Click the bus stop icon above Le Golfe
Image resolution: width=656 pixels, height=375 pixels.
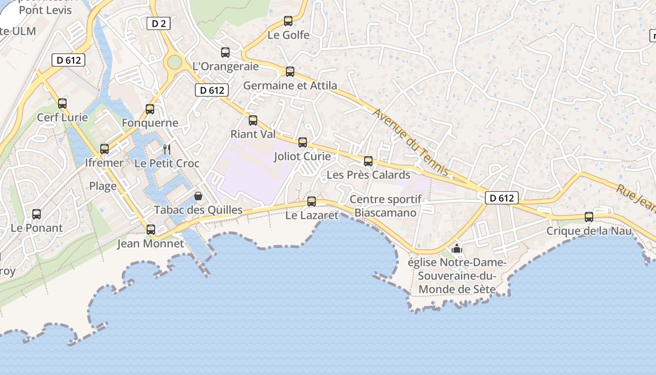pos(288,21)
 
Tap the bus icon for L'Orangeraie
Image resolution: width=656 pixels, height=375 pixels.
pos(225,52)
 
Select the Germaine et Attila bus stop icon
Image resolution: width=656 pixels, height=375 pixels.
pos(290,72)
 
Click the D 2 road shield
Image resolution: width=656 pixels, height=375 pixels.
pos(158,23)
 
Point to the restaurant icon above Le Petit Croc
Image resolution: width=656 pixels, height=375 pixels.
pos(167,150)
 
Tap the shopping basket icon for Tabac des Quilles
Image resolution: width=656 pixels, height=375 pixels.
pos(198,196)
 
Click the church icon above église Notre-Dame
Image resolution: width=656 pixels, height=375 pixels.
pos(457,248)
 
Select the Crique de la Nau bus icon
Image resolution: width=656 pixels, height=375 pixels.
pos(589,217)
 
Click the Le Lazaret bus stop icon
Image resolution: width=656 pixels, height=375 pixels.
pos(312,202)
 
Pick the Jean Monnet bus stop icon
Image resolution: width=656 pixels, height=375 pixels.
pos(151,230)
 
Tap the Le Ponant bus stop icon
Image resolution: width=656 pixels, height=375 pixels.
pos(37,214)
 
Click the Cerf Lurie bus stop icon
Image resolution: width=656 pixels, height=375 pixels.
pos(62,104)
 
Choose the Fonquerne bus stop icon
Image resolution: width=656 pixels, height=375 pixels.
pos(150,109)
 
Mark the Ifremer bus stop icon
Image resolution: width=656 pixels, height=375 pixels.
pos(104,149)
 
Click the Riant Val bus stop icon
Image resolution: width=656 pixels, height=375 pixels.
pos(253,120)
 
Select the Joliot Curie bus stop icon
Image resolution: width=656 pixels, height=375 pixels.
pos(303,142)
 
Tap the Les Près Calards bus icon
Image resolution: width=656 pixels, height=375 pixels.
pos(368,161)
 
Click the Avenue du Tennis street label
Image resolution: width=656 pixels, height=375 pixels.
pos(411,142)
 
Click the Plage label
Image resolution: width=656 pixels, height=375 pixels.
pos(103,186)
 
